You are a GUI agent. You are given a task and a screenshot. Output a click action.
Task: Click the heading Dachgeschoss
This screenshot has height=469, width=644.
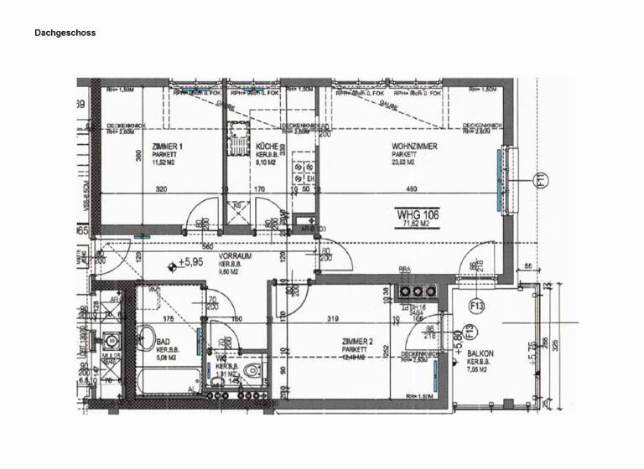click(65, 33)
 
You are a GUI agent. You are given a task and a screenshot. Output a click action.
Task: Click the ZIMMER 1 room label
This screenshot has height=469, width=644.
click(168, 147)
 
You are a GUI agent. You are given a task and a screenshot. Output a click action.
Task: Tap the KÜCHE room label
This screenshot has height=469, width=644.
click(267, 147)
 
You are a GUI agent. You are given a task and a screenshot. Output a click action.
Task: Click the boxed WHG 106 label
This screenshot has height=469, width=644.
click(418, 215)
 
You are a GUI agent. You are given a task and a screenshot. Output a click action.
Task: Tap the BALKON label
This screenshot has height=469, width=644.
click(480, 354)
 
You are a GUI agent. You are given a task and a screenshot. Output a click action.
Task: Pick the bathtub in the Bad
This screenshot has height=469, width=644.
click(168, 382)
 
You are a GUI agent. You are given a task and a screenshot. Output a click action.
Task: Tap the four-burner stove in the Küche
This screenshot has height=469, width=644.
click(237, 133)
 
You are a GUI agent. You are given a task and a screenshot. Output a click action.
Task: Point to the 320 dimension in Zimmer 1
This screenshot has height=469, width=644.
click(161, 189)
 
